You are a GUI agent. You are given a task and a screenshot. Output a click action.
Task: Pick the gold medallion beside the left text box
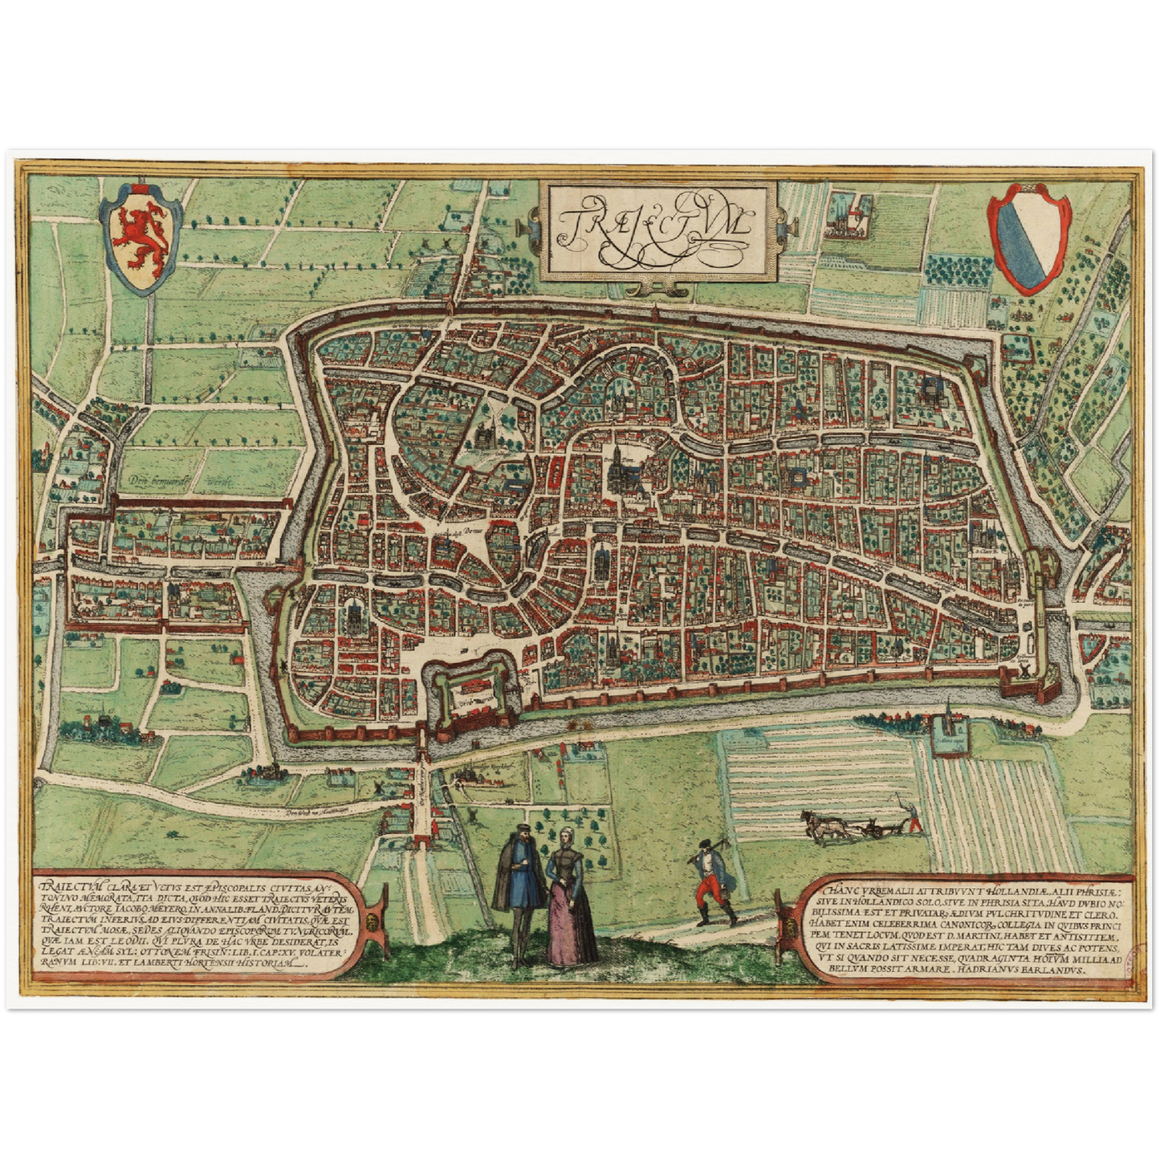pos(373,923)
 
